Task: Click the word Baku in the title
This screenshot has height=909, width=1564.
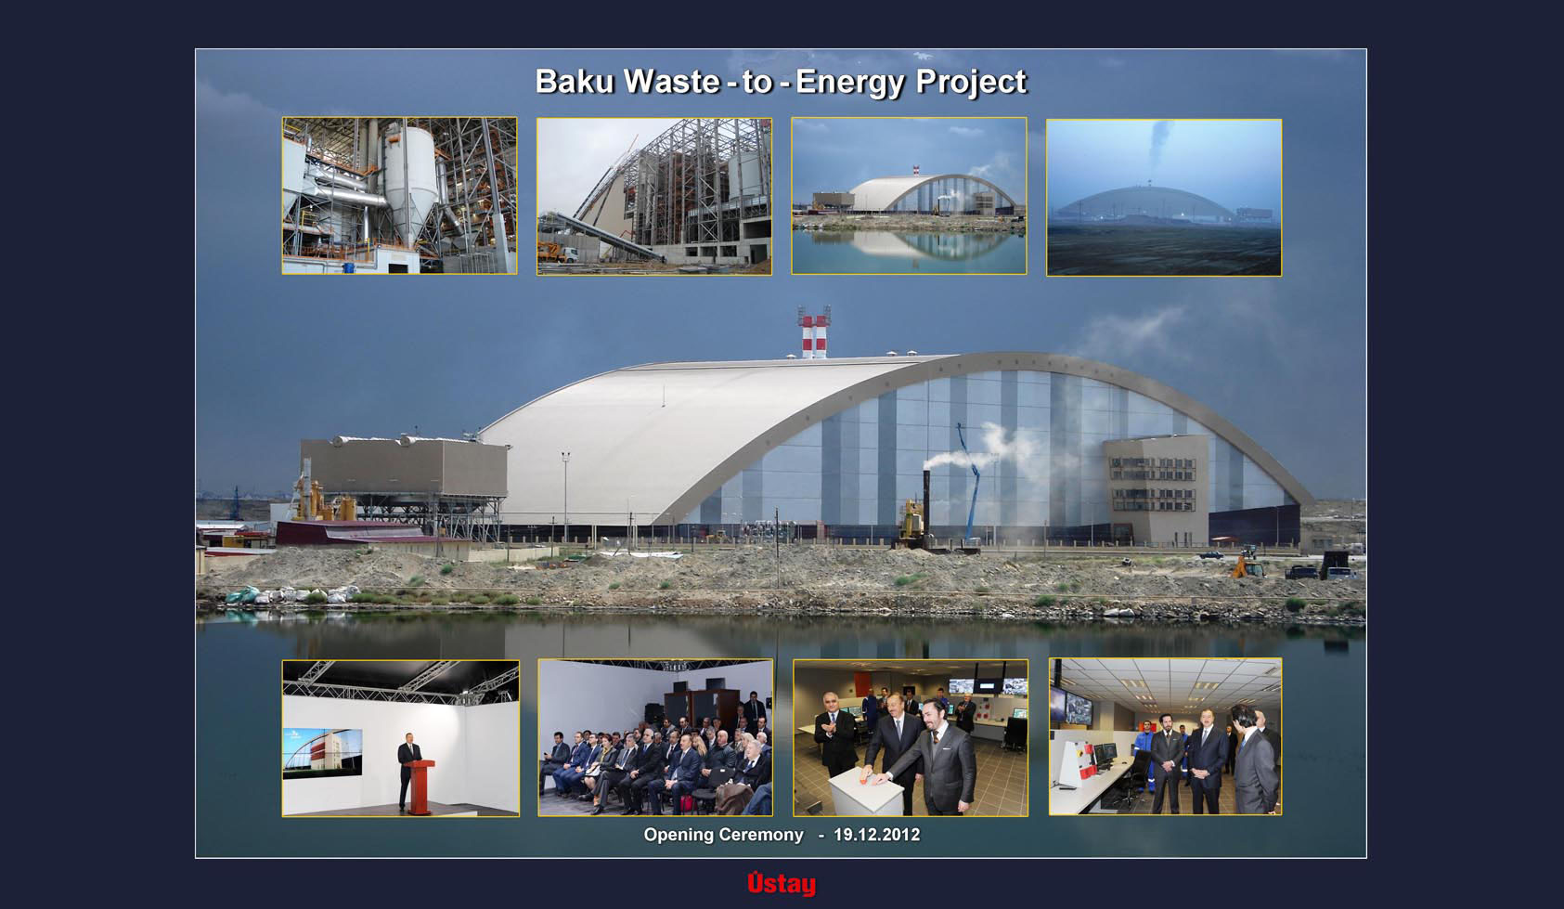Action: click(x=575, y=81)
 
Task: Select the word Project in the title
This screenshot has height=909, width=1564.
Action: click(x=971, y=83)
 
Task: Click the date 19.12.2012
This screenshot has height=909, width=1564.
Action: click(x=876, y=834)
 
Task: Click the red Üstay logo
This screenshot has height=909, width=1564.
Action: click(x=782, y=883)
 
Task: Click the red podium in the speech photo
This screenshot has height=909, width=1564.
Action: click(x=420, y=787)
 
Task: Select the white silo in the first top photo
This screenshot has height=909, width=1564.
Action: click(x=410, y=177)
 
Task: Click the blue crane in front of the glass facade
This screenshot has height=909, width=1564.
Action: click(x=969, y=482)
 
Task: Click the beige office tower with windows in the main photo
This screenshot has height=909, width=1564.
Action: click(x=1157, y=489)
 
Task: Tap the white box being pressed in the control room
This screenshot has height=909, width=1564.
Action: click(x=865, y=790)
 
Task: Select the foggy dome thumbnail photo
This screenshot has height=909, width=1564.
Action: click(x=1164, y=197)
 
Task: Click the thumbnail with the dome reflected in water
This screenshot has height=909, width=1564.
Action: click(x=909, y=196)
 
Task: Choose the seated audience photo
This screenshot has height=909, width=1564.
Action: click(x=655, y=738)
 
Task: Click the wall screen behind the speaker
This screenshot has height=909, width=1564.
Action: click(x=323, y=752)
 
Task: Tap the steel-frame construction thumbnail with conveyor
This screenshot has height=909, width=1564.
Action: click(x=654, y=196)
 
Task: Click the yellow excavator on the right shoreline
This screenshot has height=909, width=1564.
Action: click(x=1247, y=566)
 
